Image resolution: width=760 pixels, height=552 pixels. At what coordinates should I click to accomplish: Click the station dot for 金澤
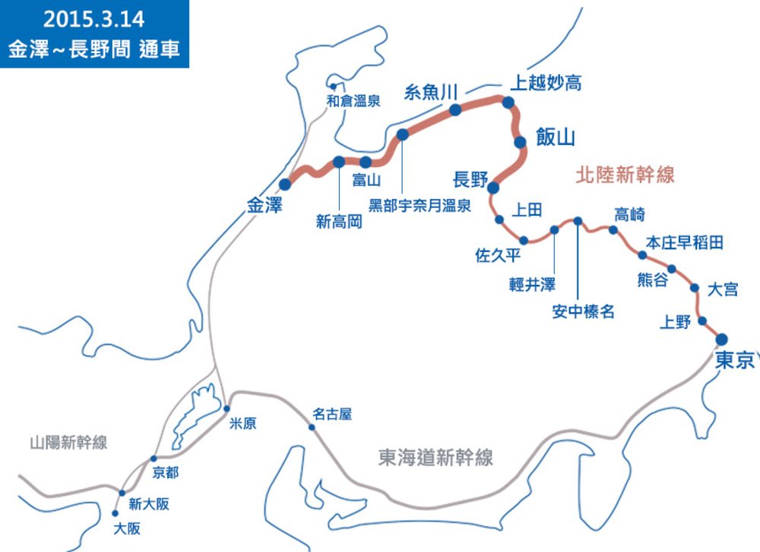(x=286, y=185)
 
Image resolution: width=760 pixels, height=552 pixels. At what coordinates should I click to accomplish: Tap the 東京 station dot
(x=721, y=339)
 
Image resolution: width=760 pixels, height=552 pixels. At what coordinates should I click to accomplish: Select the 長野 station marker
(x=492, y=188)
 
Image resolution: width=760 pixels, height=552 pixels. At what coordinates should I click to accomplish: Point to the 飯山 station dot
(x=520, y=142)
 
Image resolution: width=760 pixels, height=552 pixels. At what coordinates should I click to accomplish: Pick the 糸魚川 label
(x=430, y=92)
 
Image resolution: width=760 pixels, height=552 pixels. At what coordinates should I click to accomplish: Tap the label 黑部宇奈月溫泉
(x=420, y=205)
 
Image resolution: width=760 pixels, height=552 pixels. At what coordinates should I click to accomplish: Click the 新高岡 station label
(x=339, y=222)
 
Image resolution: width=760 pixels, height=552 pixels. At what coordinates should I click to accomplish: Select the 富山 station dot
(x=366, y=162)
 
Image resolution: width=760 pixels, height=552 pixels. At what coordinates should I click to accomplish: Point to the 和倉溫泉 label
(x=353, y=99)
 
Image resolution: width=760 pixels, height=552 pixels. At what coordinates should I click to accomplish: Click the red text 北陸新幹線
(x=625, y=175)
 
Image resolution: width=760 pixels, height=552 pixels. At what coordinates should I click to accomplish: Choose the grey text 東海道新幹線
(x=435, y=457)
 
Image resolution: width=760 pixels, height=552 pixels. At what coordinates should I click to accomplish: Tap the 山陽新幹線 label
(x=68, y=443)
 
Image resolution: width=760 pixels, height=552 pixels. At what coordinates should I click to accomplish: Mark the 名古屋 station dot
(x=312, y=427)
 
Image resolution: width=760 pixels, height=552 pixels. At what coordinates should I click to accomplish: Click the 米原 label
(x=243, y=423)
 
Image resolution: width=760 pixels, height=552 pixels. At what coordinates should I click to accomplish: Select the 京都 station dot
(x=154, y=459)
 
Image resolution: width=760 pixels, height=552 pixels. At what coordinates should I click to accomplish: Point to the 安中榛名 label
(x=583, y=311)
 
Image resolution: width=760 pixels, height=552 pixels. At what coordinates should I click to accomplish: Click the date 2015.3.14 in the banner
(x=94, y=17)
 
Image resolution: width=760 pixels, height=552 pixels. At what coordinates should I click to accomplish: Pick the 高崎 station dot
(x=613, y=229)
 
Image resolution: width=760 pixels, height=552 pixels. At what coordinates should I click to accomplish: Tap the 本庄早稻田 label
(x=684, y=242)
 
